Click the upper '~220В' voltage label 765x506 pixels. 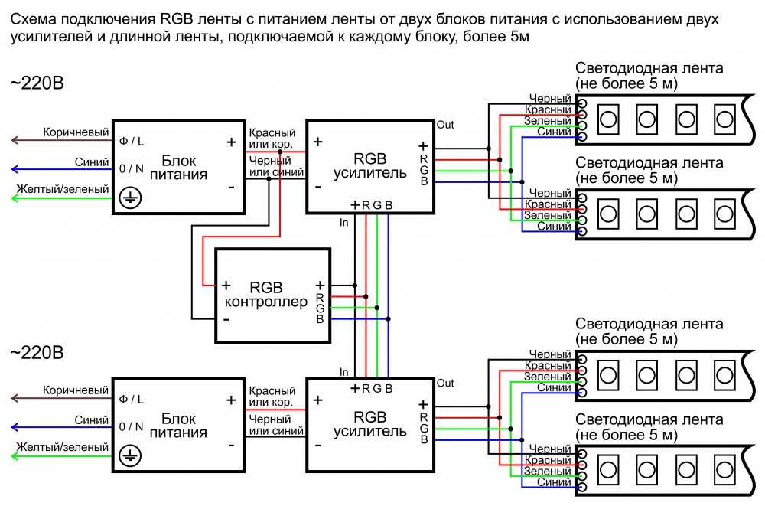pyautogui.click(x=37, y=83)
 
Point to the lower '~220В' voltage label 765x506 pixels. pyautogui.click(x=37, y=353)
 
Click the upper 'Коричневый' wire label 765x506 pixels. pyautogui.click(x=76, y=132)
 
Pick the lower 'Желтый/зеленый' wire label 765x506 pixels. pyautogui.click(x=63, y=446)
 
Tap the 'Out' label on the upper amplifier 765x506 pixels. pyautogui.click(x=444, y=124)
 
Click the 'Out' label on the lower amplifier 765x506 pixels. pyautogui.click(x=444, y=383)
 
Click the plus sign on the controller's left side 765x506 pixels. pyautogui.click(x=226, y=285)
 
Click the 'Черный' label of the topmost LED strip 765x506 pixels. pyautogui.click(x=549, y=99)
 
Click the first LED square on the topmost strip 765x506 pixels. pyautogui.click(x=609, y=119)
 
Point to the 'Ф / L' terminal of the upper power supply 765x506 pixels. pyautogui.click(x=132, y=142)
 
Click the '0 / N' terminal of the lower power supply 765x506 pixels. pyautogui.click(x=132, y=426)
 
